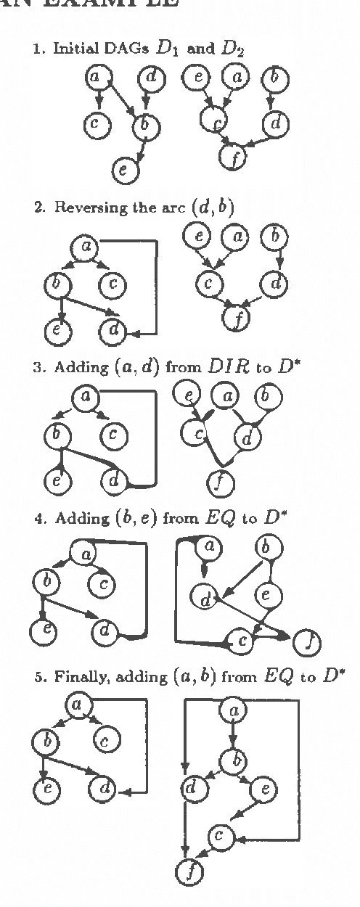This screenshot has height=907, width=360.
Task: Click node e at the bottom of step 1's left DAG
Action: click(x=123, y=171)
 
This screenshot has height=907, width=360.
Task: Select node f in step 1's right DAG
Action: click(x=234, y=158)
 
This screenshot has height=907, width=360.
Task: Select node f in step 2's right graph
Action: click(x=235, y=319)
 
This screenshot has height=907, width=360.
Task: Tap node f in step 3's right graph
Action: click(x=220, y=482)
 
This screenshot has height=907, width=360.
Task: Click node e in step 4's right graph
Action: click(x=265, y=596)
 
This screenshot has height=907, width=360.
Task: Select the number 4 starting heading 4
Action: click(x=38, y=519)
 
